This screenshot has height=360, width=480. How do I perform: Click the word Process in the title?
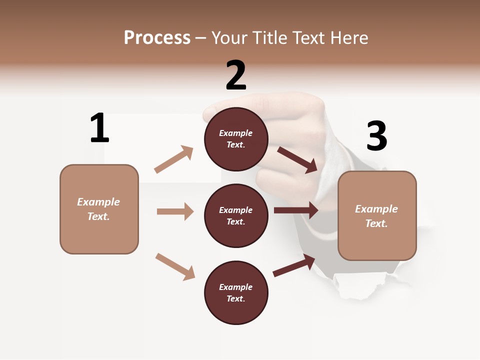click(157, 38)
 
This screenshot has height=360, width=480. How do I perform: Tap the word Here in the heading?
click(348, 38)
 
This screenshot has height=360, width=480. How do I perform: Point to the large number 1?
click(99, 128)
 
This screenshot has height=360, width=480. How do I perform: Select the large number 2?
click(236, 75)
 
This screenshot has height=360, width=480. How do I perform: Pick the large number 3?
click(376, 136)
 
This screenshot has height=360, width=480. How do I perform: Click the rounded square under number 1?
click(99, 209)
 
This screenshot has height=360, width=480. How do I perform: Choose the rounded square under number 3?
click(377, 215)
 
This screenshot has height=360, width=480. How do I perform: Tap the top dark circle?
click(236, 139)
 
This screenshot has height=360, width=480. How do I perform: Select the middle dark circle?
click(236, 215)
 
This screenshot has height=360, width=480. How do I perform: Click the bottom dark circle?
click(236, 292)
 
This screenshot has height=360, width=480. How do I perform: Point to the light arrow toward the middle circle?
click(175, 211)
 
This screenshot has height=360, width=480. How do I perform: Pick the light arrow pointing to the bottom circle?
click(175, 266)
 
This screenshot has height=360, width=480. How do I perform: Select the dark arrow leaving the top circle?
click(297, 159)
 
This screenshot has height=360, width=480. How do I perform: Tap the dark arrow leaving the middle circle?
click(296, 210)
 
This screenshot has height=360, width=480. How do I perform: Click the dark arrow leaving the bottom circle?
click(294, 265)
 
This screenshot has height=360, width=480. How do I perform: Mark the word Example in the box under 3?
click(376, 209)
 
